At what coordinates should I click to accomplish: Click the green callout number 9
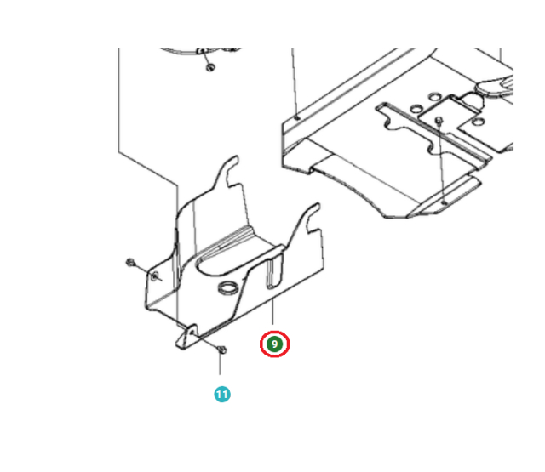[274, 344]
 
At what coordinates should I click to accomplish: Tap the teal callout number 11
[222, 395]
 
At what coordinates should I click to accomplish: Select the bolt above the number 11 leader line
[222, 350]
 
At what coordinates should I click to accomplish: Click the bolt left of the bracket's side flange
[130, 263]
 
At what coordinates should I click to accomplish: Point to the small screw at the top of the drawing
[210, 67]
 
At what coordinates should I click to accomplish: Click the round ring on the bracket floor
[228, 288]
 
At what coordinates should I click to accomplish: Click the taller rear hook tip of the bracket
[235, 158]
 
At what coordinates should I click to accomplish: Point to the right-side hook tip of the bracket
[316, 206]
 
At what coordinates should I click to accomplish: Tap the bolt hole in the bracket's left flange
[155, 276]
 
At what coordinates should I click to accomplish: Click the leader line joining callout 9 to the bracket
[272, 311]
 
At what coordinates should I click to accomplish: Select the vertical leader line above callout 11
[220, 364]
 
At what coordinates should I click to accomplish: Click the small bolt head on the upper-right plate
[439, 121]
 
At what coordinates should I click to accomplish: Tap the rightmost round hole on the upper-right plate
[479, 122]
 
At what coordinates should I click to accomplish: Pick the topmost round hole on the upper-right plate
[434, 96]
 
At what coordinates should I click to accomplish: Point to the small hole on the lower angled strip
[444, 202]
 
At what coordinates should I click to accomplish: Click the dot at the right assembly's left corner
[296, 118]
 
